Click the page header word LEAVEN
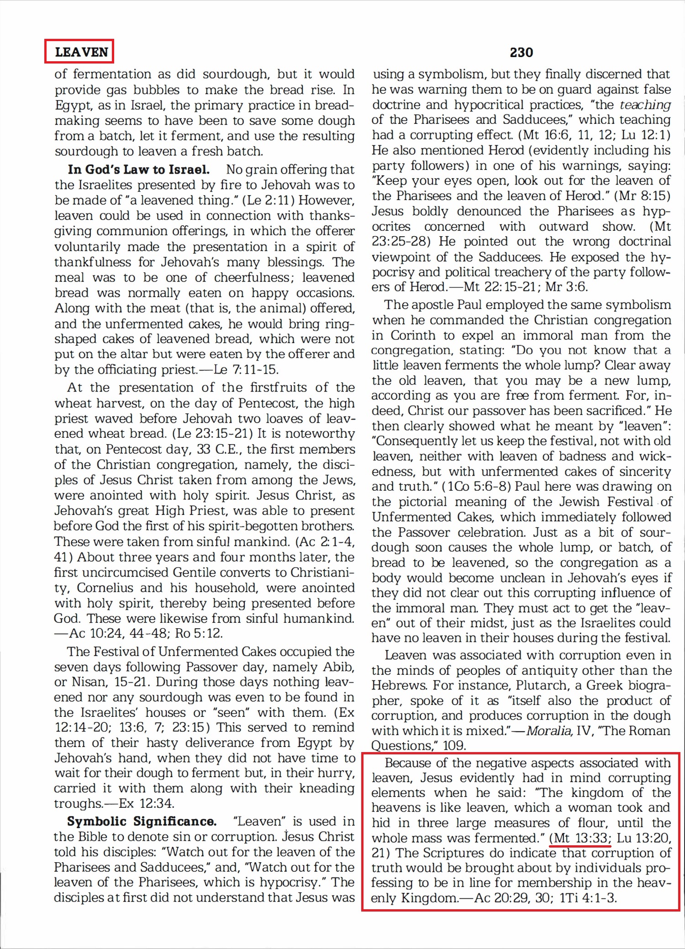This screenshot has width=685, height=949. tap(81, 52)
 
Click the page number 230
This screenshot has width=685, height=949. tap(521, 53)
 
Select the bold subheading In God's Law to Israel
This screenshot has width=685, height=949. tap(139, 170)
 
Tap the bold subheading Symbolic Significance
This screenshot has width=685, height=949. tap(142, 821)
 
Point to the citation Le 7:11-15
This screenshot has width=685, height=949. tap(246, 369)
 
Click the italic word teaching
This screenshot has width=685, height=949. tap(645, 105)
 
